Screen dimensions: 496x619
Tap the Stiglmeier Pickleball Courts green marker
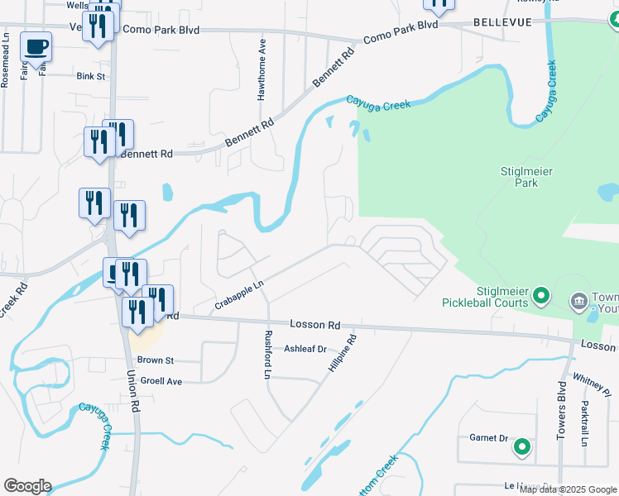click(541, 295)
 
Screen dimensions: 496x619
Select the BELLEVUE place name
click(502, 23)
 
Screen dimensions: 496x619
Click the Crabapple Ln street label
click(238, 295)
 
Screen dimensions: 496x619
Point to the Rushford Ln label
click(267, 355)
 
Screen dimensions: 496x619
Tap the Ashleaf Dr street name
click(305, 350)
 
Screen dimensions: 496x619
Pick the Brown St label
click(155, 360)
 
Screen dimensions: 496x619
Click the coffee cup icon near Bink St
click(36, 46)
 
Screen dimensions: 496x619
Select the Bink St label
click(91, 76)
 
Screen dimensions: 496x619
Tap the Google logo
click(27, 486)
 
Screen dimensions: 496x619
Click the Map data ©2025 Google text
click(568, 489)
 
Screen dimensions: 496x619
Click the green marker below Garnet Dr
click(522, 449)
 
